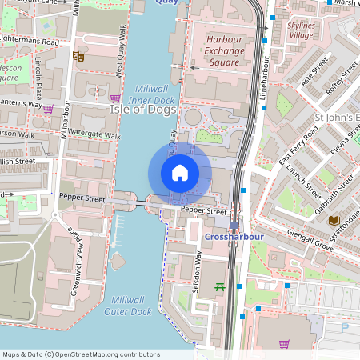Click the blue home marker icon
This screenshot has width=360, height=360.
(180, 173)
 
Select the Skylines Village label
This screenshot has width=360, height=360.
(301, 30)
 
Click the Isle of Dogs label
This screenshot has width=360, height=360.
(143, 109)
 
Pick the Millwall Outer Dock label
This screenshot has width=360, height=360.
(127, 306)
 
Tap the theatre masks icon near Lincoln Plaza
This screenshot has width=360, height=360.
(78, 56)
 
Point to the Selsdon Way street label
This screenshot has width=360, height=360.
(197, 271)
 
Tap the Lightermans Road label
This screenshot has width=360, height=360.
(30, 40)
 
